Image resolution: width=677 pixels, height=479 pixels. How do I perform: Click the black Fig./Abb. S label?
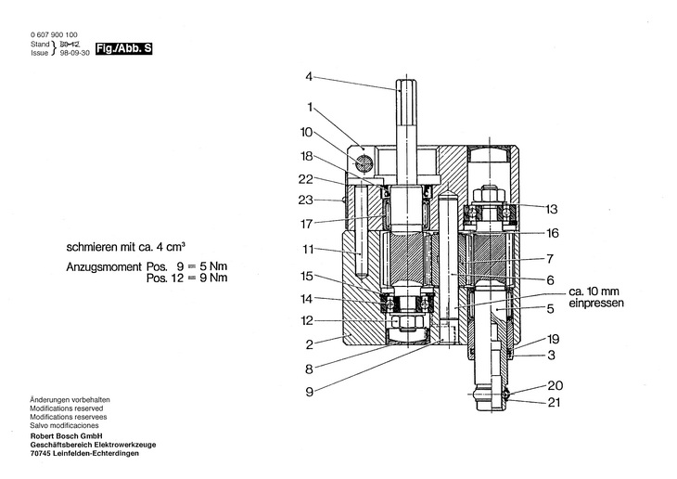point(124,48)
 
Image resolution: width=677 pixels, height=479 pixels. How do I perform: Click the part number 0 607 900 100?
point(54,34)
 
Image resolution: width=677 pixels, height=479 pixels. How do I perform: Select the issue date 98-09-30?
point(75,53)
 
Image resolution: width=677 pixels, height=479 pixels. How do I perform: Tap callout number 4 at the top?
point(309,76)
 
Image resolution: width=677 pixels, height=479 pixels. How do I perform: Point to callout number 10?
point(306,133)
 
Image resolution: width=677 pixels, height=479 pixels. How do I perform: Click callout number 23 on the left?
point(305,201)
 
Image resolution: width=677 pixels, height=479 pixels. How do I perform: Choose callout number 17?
point(306,224)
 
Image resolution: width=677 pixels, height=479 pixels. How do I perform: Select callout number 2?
point(309,344)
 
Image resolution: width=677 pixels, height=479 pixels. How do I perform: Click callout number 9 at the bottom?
point(309,392)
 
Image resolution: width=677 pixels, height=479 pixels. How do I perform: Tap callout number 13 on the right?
point(552,209)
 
